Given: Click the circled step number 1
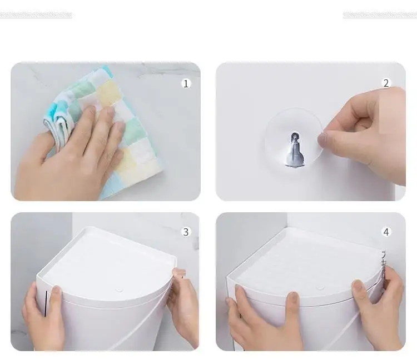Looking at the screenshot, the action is (186, 84).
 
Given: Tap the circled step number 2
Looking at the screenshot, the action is (386, 83).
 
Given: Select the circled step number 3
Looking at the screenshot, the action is (186, 232).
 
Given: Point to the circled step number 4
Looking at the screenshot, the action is (386, 232).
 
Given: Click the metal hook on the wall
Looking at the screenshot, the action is (295, 150).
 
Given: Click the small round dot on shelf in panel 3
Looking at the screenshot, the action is (120, 290).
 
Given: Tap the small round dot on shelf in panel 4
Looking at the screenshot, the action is (320, 288).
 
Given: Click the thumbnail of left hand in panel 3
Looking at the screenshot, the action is (56, 291).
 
